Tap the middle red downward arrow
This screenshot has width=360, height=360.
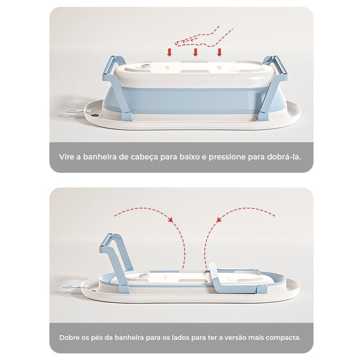(x=195, y=52)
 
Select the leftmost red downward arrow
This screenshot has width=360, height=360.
(x=169, y=52)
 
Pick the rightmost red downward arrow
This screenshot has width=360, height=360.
(x=219, y=52)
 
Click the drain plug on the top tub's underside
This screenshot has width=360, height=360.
(x=145, y=66)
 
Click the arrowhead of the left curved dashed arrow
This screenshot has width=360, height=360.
(x=171, y=220)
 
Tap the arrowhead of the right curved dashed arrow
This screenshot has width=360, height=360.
(x=219, y=220)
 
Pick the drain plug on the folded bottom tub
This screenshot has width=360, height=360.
(x=144, y=275)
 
